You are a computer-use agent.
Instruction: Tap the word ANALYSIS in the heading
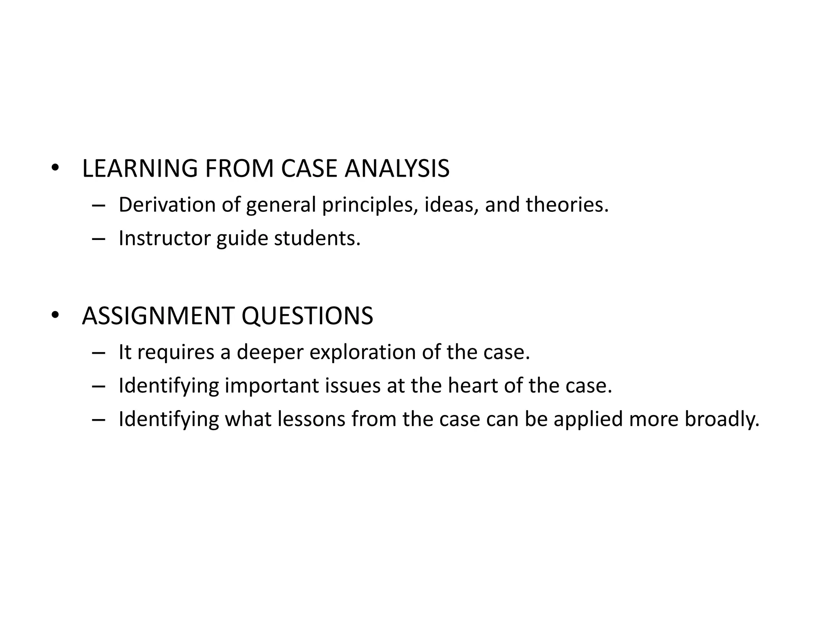397,168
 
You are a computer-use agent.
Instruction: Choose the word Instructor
164,238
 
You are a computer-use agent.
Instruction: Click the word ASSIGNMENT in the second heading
158,316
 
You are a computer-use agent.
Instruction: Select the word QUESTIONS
307,316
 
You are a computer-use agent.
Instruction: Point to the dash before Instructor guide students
98,239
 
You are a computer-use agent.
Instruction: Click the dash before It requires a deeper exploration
98,353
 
